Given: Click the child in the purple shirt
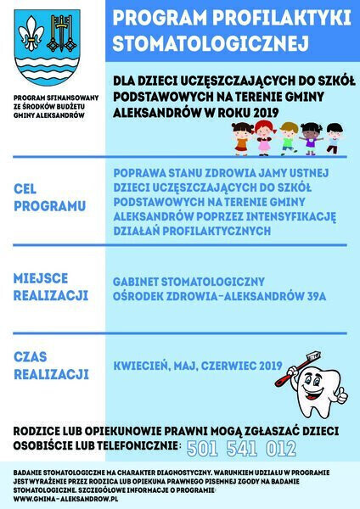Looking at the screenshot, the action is [x=312, y=137].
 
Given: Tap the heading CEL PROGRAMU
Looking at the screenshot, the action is [x=49, y=198].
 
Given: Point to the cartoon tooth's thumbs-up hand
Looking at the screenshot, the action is [x=340, y=395].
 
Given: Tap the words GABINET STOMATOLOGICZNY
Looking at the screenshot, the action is [x=188, y=281].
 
